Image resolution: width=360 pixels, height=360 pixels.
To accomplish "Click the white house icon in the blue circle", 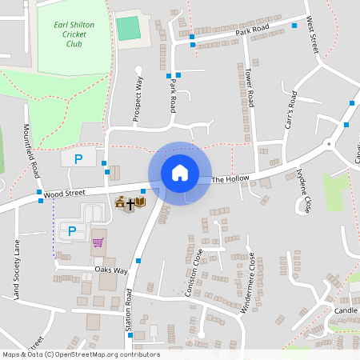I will pyautogui.click(x=180, y=172).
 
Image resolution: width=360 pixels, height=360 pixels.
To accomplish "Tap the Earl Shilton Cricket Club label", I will pyautogui.click(x=74, y=34).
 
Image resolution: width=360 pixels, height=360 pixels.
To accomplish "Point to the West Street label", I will pyautogui.click(x=314, y=34).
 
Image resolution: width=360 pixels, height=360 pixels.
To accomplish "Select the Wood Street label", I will pyautogui.click(x=65, y=193).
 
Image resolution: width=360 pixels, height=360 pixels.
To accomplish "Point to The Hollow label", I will pyautogui.click(x=230, y=178).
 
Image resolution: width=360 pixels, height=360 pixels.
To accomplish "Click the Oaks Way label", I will pyautogui.click(x=111, y=270).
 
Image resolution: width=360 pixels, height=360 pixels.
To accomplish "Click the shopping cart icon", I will pyautogui.click(x=98, y=242).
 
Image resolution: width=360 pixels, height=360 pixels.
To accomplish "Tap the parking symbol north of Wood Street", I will pyautogui.click(x=78, y=159).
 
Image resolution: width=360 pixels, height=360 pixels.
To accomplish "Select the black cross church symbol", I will pyautogui.click(x=130, y=204).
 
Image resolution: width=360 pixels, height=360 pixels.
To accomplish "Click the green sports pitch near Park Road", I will pyautogui.click(x=127, y=28).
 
